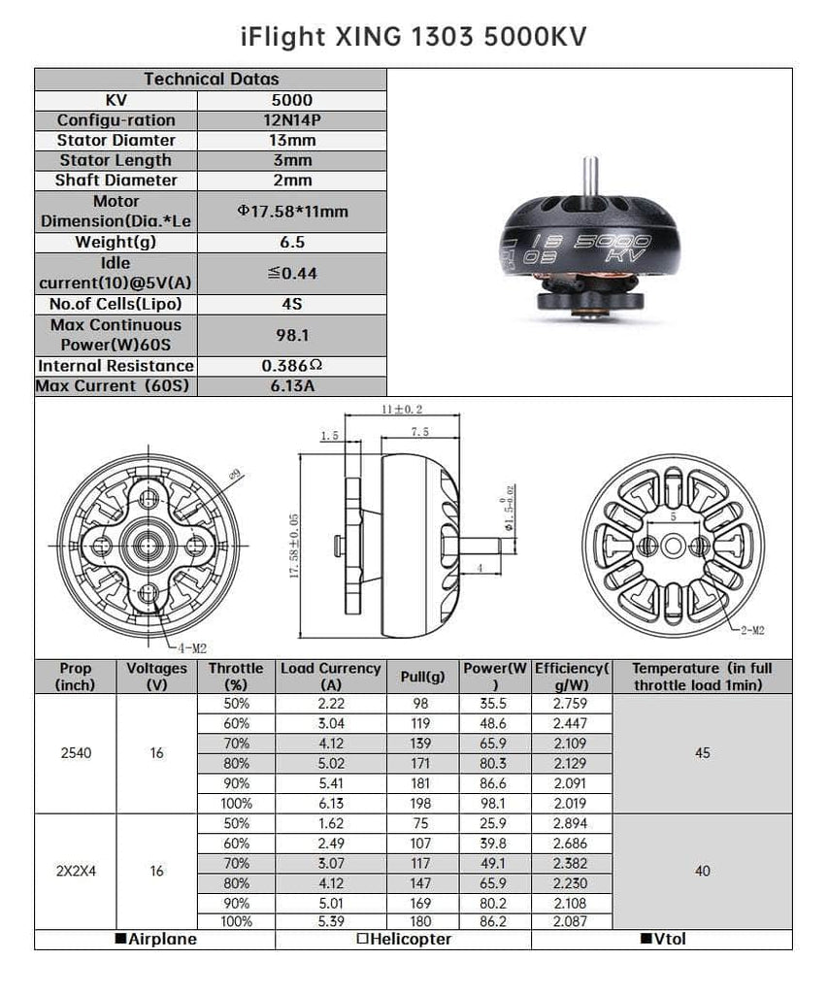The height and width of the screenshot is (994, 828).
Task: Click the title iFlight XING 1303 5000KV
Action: (x=414, y=36)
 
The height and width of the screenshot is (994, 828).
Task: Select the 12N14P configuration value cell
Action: (x=291, y=120)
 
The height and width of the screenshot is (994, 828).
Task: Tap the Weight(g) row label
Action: (x=116, y=242)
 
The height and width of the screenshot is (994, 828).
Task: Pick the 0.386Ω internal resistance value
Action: (x=291, y=366)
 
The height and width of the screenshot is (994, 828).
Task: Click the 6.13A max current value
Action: (x=291, y=385)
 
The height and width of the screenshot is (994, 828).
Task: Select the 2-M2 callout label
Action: (x=751, y=630)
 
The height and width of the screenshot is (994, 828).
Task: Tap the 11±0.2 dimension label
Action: (x=403, y=410)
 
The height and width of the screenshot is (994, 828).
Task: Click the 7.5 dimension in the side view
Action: (x=420, y=431)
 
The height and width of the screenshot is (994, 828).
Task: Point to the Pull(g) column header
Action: (x=422, y=677)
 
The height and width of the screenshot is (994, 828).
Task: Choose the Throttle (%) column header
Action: (x=236, y=677)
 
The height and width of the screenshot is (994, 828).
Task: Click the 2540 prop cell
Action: (x=76, y=752)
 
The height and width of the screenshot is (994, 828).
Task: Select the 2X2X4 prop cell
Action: (x=76, y=871)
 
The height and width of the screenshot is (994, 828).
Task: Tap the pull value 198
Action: (x=422, y=803)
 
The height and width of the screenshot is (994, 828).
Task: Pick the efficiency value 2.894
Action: (x=573, y=823)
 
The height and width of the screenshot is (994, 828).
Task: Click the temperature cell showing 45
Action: (x=703, y=752)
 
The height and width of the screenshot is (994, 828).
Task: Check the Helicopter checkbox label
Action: (x=404, y=939)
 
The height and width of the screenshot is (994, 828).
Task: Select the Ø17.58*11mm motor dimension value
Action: (x=291, y=212)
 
